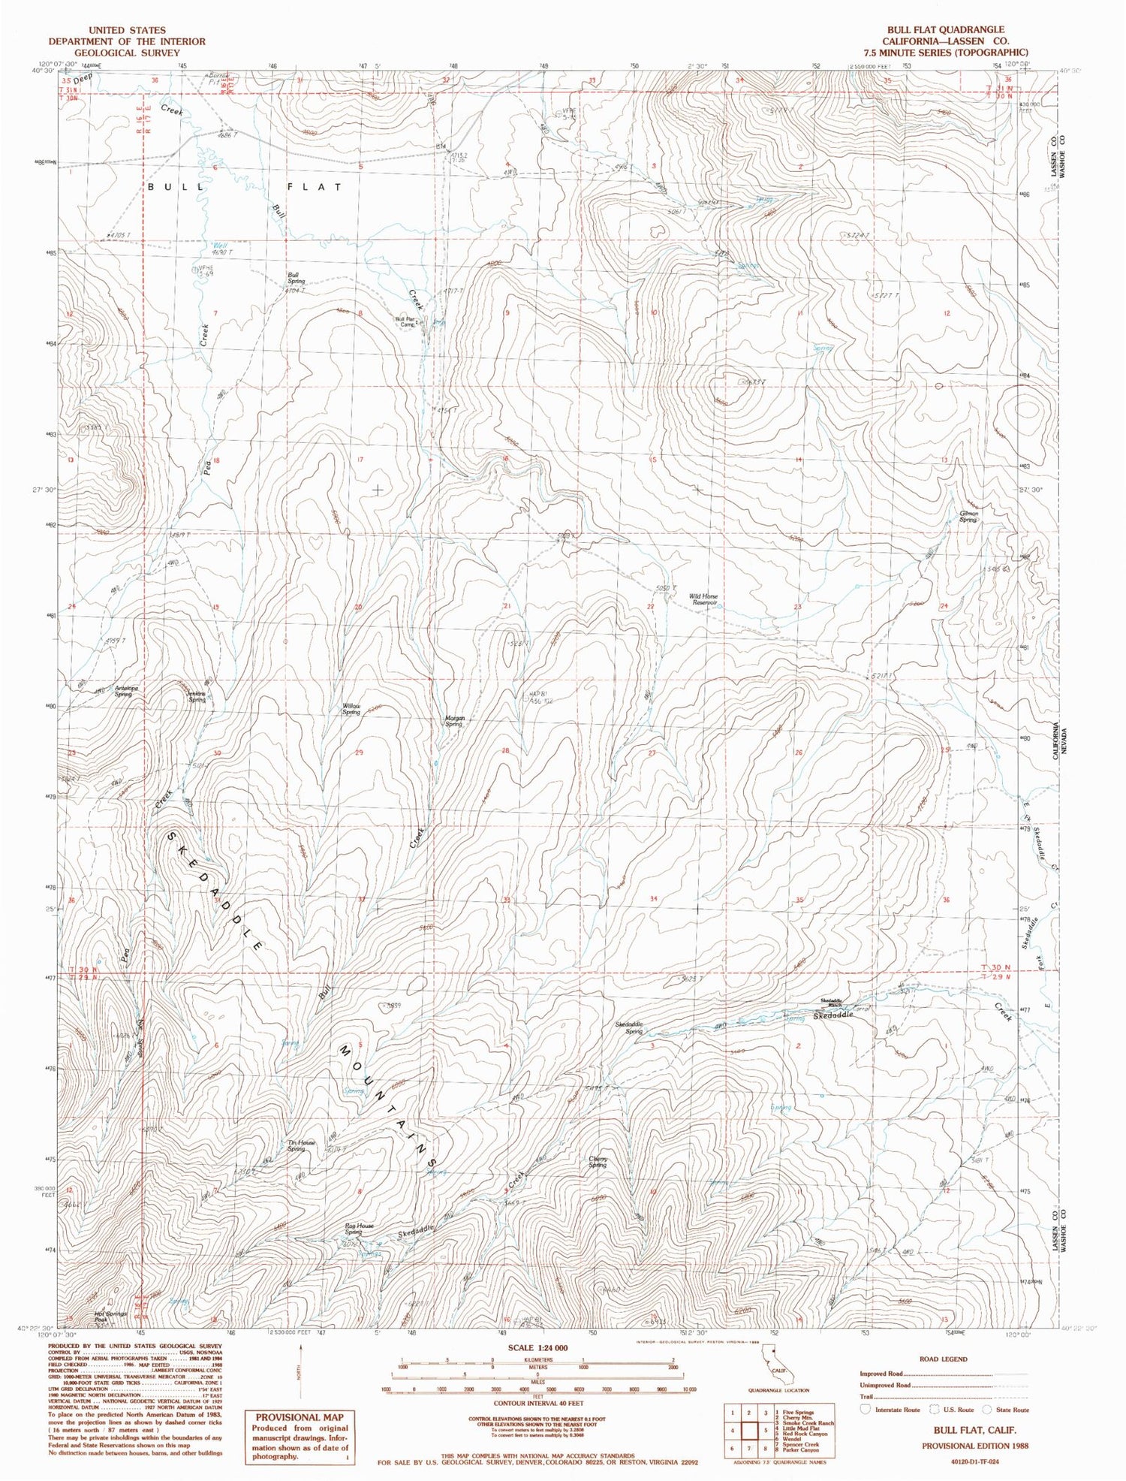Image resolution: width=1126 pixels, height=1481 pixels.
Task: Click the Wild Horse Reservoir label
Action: (703, 599)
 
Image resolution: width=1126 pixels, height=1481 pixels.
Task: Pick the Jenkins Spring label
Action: (195, 696)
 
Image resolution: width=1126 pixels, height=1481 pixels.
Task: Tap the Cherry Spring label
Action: (598, 1162)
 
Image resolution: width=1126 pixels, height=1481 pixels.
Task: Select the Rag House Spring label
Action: (359, 1229)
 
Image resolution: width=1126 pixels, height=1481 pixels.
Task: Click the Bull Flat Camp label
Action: (405, 321)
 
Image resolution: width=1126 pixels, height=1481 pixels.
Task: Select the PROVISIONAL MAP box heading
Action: (298, 1417)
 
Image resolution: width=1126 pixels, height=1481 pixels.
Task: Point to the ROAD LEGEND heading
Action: (943, 1359)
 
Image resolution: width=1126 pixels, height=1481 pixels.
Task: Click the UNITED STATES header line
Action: (126, 29)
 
